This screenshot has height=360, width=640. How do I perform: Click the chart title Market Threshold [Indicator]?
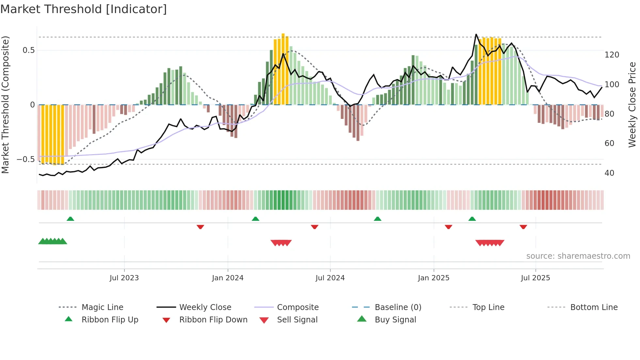point(84,9)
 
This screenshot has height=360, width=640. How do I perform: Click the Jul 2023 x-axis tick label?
point(124,278)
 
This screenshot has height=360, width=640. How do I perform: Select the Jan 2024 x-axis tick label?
point(228,278)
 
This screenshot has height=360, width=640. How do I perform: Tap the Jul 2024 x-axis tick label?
point(330,278)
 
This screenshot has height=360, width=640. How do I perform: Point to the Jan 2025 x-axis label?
point(433,278)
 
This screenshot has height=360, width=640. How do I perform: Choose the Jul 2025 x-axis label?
point(535,278)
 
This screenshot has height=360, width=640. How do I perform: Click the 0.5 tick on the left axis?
point(28,50)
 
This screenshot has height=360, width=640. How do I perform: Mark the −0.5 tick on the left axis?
point(26,159)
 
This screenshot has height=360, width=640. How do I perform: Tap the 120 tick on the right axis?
point(612,55)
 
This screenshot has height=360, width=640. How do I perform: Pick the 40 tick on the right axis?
point(609,173)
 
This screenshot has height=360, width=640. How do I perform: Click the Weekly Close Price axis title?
point(632,105)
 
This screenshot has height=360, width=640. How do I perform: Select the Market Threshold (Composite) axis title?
point(5,105)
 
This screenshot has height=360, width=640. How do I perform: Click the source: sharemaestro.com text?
point(578,256)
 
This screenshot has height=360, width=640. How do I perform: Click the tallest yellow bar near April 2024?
point(283,69)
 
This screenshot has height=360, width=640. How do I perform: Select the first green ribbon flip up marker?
point(70,219)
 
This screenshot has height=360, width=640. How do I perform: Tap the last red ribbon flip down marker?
point(523,227)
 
